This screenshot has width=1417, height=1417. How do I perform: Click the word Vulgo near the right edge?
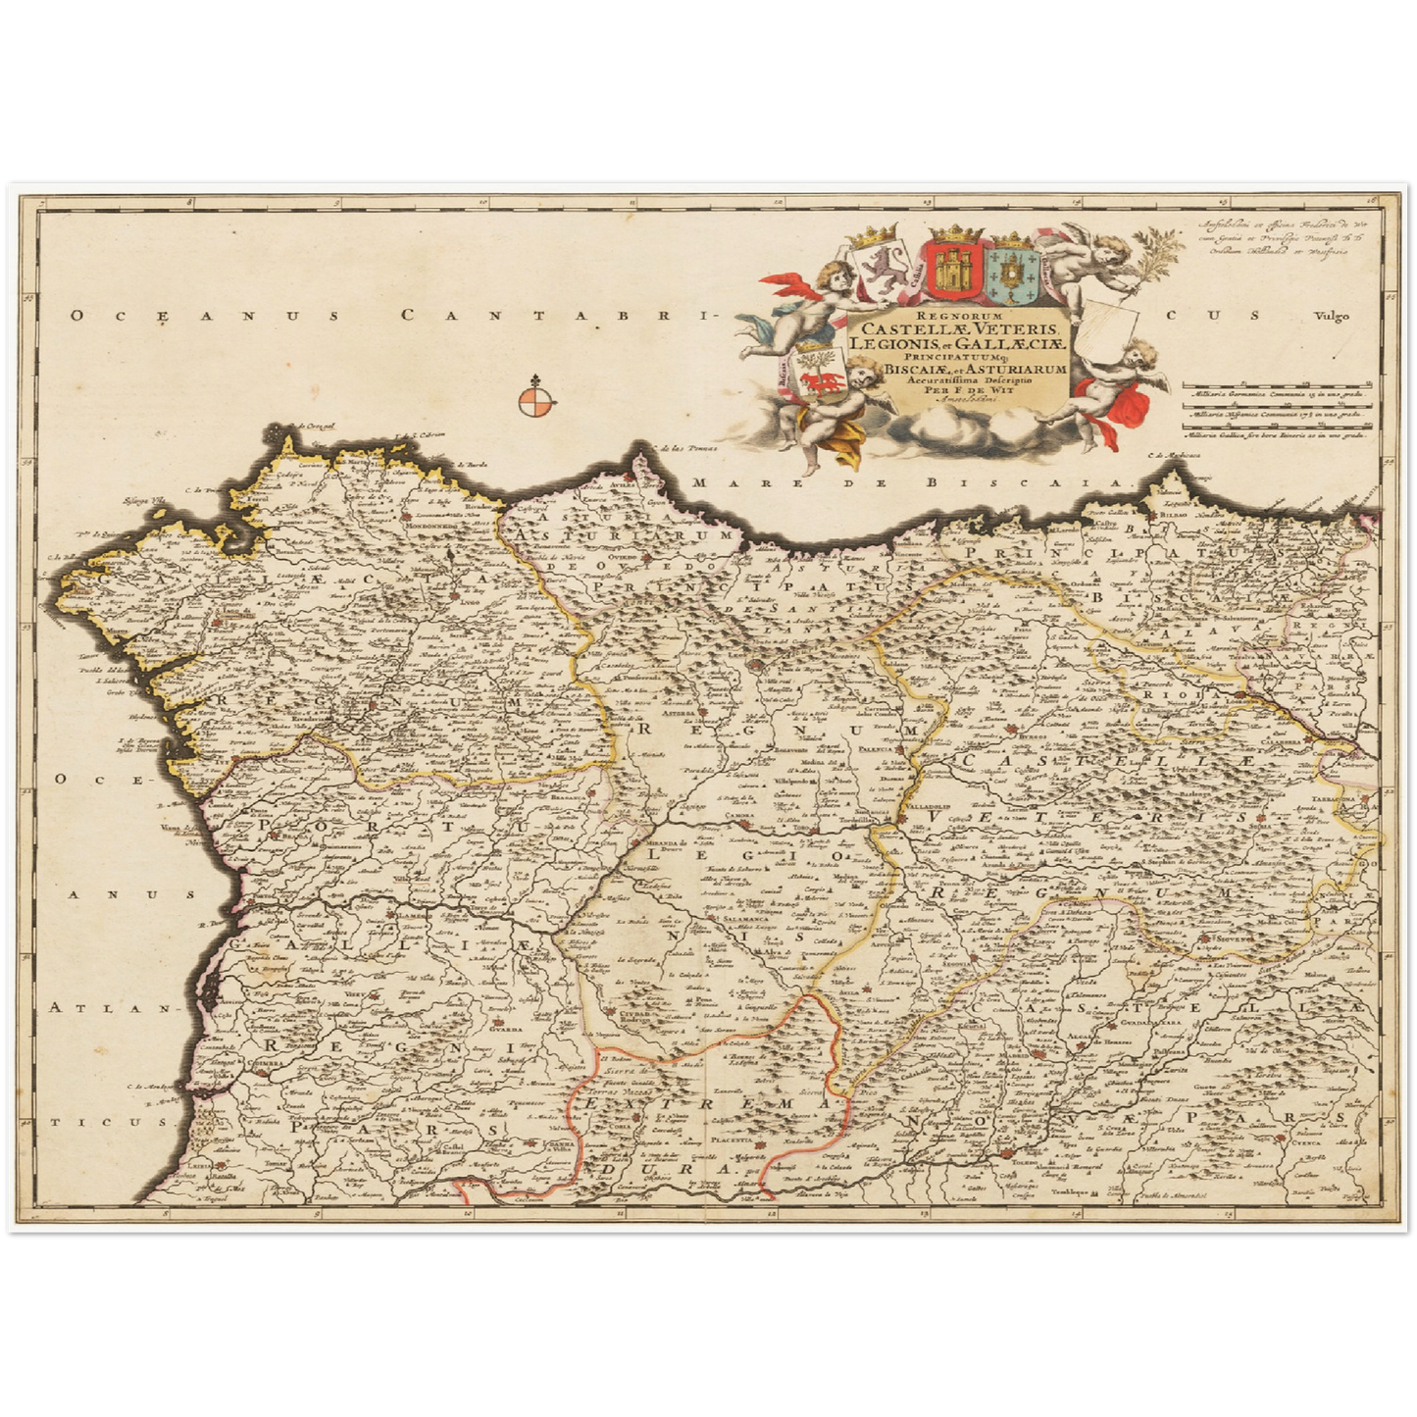point(1333,316)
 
